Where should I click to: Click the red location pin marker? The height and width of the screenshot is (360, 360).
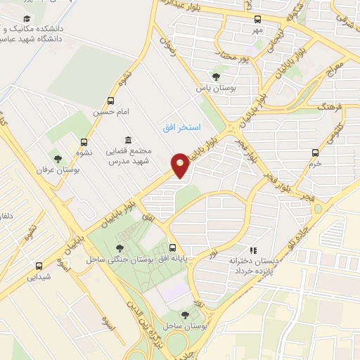tap(181, 165)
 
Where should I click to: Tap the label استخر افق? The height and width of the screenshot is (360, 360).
tap(181, 127)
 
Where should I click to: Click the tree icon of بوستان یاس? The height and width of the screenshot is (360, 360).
tap(215, 77)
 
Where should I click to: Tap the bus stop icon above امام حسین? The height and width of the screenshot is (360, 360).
tap(110, 101)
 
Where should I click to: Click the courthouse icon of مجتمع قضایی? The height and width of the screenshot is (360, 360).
tap(127, 139)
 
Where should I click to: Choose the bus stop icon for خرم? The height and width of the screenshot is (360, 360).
tap(315, 152)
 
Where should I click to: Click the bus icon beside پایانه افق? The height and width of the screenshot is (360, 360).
tap(173, 247)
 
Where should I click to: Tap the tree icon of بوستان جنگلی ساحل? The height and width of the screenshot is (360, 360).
tap(120, 247)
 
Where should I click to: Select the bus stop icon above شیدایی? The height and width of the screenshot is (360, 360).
tap(39, 266)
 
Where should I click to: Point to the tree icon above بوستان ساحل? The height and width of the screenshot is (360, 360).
tap(185, 315)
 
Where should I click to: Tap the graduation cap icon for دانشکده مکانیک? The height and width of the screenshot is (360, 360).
tap(27, 18)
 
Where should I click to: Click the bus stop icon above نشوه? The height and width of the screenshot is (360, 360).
tap(84, 142)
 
